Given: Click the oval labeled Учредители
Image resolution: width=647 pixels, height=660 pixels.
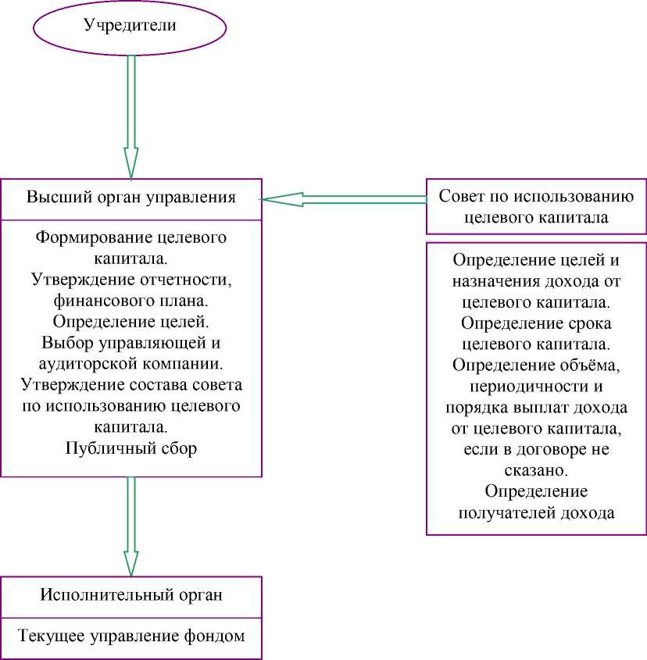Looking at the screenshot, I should pos(130,26).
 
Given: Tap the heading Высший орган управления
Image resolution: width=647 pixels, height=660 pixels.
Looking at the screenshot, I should pos(131,198).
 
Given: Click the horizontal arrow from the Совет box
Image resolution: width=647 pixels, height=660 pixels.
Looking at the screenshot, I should pos(344,199).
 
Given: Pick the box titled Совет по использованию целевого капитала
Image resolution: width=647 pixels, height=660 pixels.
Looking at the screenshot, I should pos(536,206).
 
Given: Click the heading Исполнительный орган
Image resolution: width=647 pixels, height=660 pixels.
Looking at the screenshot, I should pos(131,594).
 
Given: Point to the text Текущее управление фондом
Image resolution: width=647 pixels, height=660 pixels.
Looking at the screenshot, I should pos(131,636).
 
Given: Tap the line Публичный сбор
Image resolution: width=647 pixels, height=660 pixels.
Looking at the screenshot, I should pos(131,448).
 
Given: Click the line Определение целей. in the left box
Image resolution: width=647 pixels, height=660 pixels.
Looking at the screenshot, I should pos(131,321).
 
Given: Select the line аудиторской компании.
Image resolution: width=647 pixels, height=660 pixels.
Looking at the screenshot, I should pos(131,363).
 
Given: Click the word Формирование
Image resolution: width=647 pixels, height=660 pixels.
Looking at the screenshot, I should pos(85,237).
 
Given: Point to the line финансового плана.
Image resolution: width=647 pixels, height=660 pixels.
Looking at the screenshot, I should pos(131,300).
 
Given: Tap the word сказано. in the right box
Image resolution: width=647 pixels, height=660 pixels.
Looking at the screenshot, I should pos(536,471).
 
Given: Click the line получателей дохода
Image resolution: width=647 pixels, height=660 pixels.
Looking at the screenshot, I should pos(536,513).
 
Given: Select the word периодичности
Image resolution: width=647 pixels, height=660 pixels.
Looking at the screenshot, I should pos(536,387).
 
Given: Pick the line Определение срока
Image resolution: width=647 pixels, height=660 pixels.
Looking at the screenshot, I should pos(536,323).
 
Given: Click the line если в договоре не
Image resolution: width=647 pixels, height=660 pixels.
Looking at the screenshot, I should pos(536,450).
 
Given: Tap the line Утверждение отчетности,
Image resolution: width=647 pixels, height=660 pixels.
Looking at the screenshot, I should pos(131,279).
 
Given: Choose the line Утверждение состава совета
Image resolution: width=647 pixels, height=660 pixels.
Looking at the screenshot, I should pos(131,385).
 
